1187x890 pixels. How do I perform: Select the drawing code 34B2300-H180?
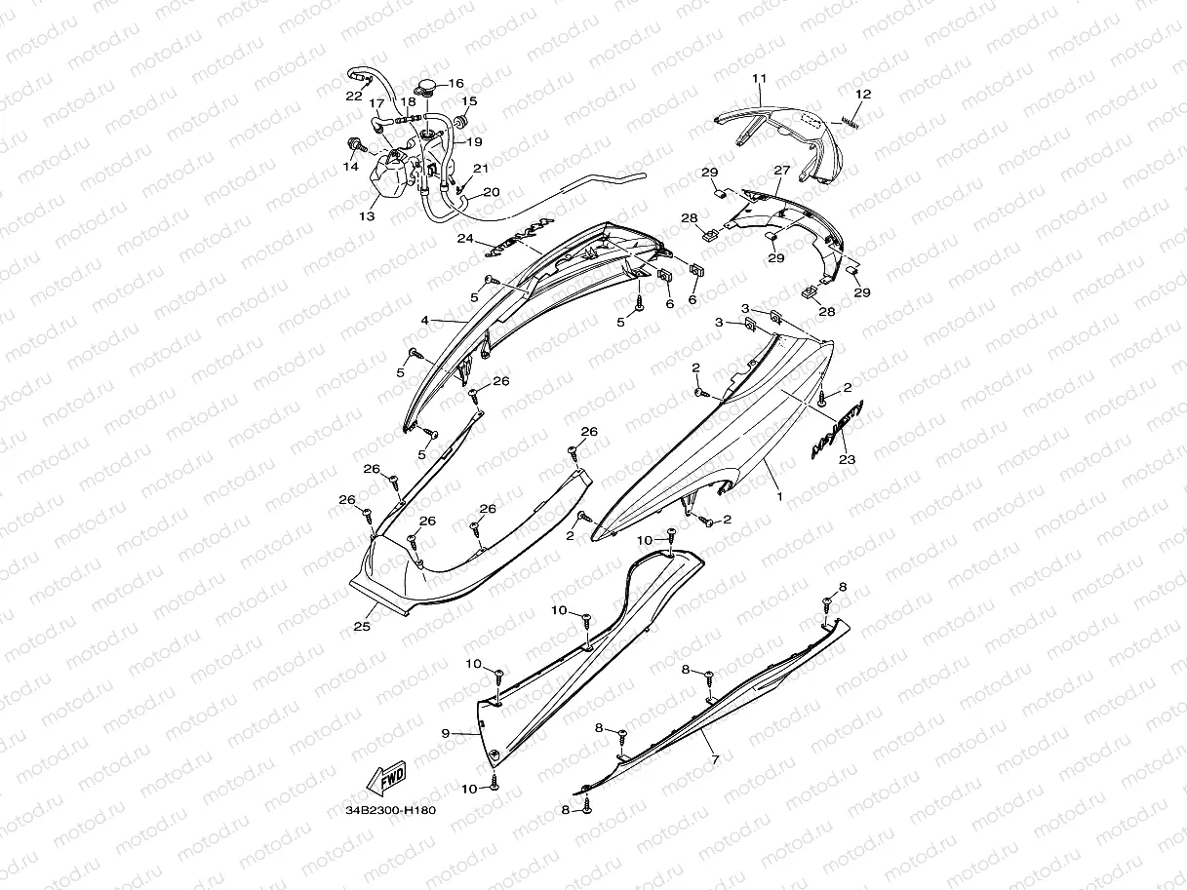(388, 810)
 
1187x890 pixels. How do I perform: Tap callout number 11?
(761, 78)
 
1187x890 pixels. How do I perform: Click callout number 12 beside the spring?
(863, 94)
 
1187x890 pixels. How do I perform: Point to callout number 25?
(361, 627)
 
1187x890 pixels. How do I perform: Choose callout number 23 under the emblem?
(847, 459)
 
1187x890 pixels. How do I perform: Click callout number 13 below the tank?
(367, 216)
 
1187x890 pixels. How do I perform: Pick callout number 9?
(445, 732)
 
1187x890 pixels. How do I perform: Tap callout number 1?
(778, 496)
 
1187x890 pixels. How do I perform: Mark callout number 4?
(425, 320)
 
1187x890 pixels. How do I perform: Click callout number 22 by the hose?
(353, 96)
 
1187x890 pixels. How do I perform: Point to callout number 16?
(455, 84)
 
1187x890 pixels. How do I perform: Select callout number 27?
(781, 170)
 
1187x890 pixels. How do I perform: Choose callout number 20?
(491, 192)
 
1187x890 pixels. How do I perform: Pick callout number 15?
(469, 100)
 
